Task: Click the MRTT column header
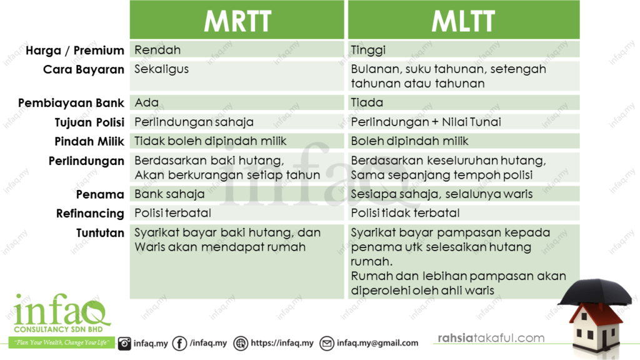237,20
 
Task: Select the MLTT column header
464,20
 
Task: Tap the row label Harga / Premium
75,51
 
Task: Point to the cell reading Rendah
237,50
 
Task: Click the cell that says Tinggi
464,50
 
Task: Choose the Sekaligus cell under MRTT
237,76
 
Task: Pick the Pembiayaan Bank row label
71,103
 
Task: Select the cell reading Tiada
464,102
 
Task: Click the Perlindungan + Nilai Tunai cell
464,122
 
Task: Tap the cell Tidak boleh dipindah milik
237,141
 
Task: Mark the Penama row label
100,194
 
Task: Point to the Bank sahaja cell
237,194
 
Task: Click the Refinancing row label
90,214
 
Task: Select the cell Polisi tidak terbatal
464,212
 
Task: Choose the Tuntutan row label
101,233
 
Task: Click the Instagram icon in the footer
124,343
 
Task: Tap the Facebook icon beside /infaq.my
179,343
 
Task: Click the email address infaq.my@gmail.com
377,343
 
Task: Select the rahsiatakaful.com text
491,338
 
